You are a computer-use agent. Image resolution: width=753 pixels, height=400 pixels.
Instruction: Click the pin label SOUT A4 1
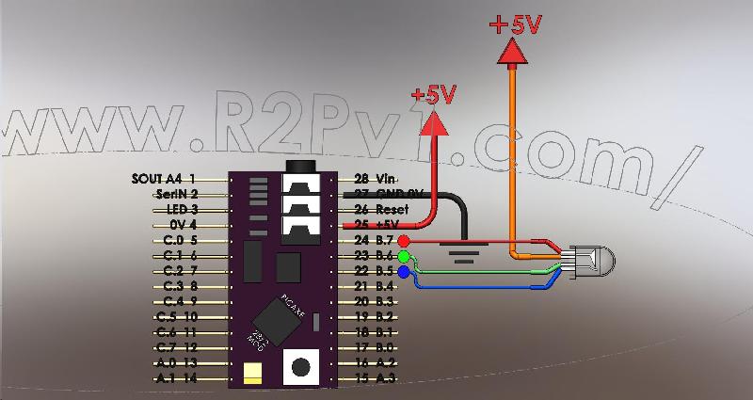(x=166, y=178)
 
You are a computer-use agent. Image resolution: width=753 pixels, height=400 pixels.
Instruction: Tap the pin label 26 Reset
(x=379, y=209)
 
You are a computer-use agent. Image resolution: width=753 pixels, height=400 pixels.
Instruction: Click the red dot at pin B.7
(x=405, y=241)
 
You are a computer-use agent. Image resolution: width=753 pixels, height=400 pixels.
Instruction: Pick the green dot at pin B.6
(x=405, y=256)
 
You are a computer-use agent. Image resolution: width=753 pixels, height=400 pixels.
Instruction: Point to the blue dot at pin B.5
(x=405, y=272)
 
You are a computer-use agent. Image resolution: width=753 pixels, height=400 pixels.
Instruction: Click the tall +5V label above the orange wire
(x=515, y=25)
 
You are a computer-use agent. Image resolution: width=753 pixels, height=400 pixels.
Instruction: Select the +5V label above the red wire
(x=434, y=95)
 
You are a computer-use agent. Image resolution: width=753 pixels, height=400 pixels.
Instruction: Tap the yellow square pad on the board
(x=252, y=374)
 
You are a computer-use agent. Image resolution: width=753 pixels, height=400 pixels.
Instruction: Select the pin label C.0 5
(x=179, y=240)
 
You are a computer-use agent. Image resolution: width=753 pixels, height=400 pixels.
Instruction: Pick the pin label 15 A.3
(x=376, y=378)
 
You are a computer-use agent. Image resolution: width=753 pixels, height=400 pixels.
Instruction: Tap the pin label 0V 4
(x=183, y=224)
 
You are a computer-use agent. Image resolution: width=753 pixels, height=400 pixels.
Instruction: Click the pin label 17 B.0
(x=376, y=347)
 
